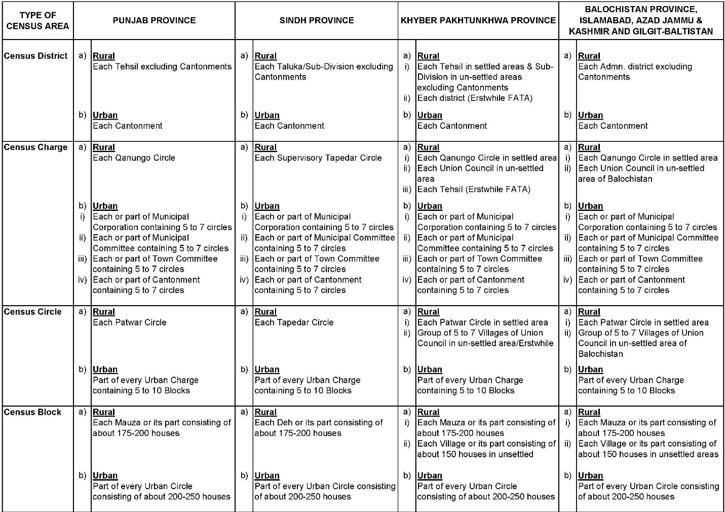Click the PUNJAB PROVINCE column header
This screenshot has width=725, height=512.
tap(154, 20)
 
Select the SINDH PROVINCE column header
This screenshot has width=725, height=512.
tap(317, 20)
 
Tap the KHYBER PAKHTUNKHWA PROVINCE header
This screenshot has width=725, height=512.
tap(478, 20)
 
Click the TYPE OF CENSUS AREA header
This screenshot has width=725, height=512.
tap(37, 20)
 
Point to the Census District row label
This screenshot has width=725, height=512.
tap(35, 56)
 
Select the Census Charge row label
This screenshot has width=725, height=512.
tap(35, 147)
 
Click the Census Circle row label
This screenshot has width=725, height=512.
tap(32, 312)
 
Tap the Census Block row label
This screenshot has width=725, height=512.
tap(32, 412)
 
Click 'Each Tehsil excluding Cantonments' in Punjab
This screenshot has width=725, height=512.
tap(162, 66)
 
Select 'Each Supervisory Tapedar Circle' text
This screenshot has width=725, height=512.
tap(318, 158)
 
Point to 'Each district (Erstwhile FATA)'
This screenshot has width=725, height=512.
tap(475, 98)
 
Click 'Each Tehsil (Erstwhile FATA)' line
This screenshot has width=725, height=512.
tap(474, 189)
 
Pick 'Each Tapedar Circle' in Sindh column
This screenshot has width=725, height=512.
tap(294, 322)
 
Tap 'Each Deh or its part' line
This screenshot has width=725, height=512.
tap(319, 422)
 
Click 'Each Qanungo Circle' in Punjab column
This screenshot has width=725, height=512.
tap(134, 158)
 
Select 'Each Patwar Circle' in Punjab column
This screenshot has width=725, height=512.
tap(129, 322)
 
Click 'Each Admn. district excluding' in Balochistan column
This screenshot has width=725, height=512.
tap(635, 66)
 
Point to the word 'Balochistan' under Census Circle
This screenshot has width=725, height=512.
tap(600, 354)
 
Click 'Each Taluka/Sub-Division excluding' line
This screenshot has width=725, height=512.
tap(324, 66)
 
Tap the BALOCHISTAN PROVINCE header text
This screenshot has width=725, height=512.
tap(641, 10)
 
